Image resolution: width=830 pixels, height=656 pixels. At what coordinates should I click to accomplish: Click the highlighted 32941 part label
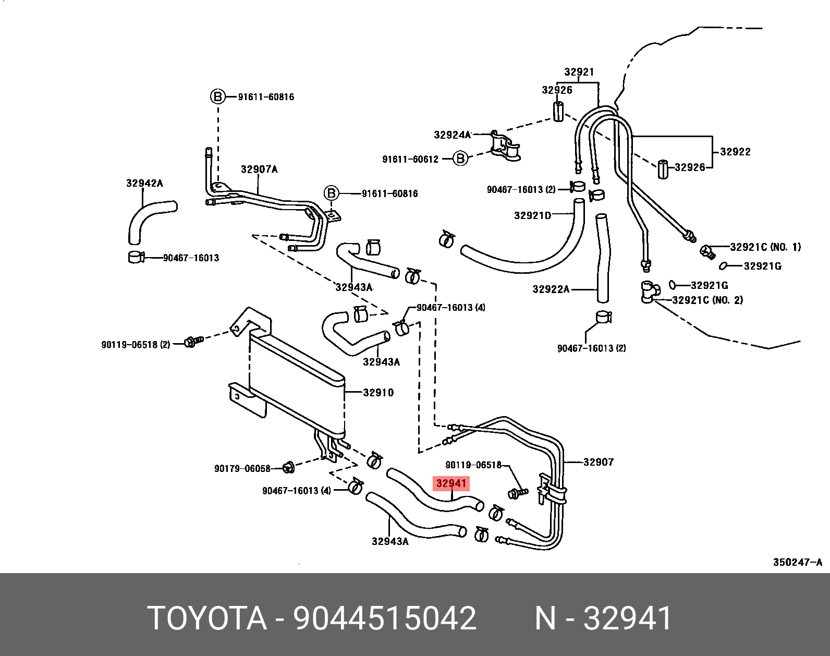(451, 483)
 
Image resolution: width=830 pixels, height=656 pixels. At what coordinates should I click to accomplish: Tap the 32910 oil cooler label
(378, 393)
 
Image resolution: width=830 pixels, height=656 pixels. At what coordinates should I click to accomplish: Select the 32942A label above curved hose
(144, 183)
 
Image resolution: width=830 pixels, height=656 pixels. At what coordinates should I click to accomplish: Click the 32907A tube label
(259, 169)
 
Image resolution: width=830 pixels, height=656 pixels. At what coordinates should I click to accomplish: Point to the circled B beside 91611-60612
(460, 159)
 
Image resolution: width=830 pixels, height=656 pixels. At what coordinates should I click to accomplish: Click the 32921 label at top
(579, 72)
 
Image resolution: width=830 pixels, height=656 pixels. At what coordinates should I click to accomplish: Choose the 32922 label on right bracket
(735, 152)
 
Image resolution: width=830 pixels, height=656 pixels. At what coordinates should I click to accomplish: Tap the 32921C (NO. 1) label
(765, 247)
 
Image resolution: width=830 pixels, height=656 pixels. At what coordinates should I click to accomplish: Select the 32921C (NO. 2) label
(707, 300)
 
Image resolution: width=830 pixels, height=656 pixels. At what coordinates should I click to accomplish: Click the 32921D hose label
(532, 215)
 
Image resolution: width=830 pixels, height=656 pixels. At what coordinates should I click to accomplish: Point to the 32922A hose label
(551, 289)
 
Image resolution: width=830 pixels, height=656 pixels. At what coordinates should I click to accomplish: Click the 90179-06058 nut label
(242, 469)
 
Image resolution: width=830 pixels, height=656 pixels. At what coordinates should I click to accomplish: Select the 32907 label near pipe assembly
(598, 462)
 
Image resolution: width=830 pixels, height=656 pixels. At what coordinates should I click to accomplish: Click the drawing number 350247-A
(797, 562)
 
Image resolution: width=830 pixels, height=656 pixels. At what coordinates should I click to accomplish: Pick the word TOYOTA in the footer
(207, 618)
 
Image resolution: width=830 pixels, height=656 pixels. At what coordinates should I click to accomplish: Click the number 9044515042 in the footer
(385, 618)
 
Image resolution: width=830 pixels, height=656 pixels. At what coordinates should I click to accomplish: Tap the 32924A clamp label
(452, 135)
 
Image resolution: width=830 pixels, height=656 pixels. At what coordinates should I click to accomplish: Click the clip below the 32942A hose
(136, 257)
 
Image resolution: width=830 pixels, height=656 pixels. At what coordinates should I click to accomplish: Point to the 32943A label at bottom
(390, 541)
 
